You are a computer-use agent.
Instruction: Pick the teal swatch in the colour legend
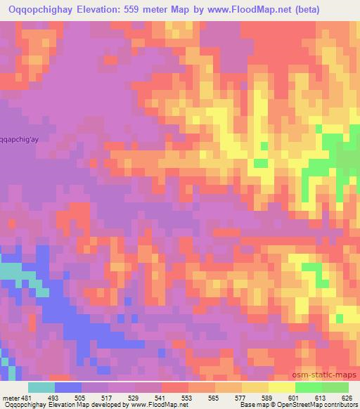41,388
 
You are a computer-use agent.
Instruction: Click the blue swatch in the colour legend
68,388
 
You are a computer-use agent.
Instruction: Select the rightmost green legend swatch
335,388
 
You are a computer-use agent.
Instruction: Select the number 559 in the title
129,8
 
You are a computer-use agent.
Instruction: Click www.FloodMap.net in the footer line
148,404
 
